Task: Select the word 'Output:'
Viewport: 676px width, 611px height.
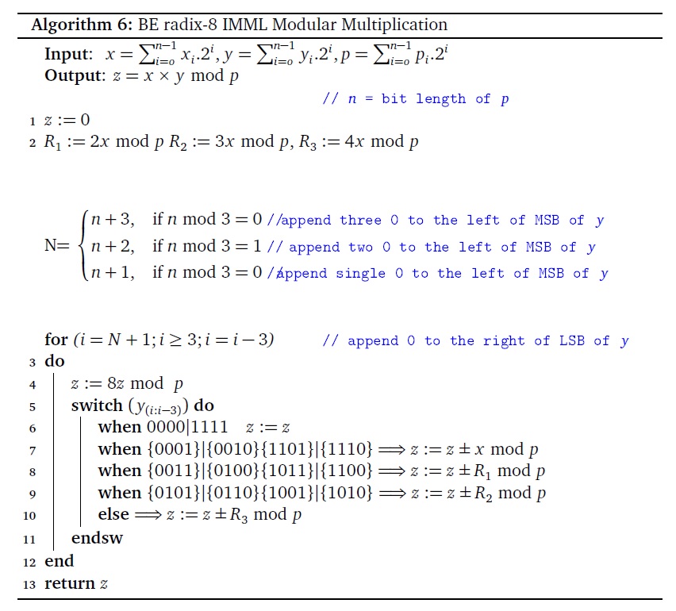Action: pos(75,76)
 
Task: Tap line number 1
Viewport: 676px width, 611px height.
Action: pos(32,121)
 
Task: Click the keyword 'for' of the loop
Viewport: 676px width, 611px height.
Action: pos(56,340)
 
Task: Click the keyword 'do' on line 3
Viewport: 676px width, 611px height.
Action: pos(55,362)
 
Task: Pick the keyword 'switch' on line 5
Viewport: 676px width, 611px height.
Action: pos(97,406)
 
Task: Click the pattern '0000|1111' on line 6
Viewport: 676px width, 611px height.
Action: pos(167,428)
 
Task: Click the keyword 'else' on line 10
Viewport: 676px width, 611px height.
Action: pos(113,515)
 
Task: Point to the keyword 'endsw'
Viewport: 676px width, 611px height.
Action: pos(97,538)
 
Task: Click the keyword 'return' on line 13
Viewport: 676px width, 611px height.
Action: pos(69,583)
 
